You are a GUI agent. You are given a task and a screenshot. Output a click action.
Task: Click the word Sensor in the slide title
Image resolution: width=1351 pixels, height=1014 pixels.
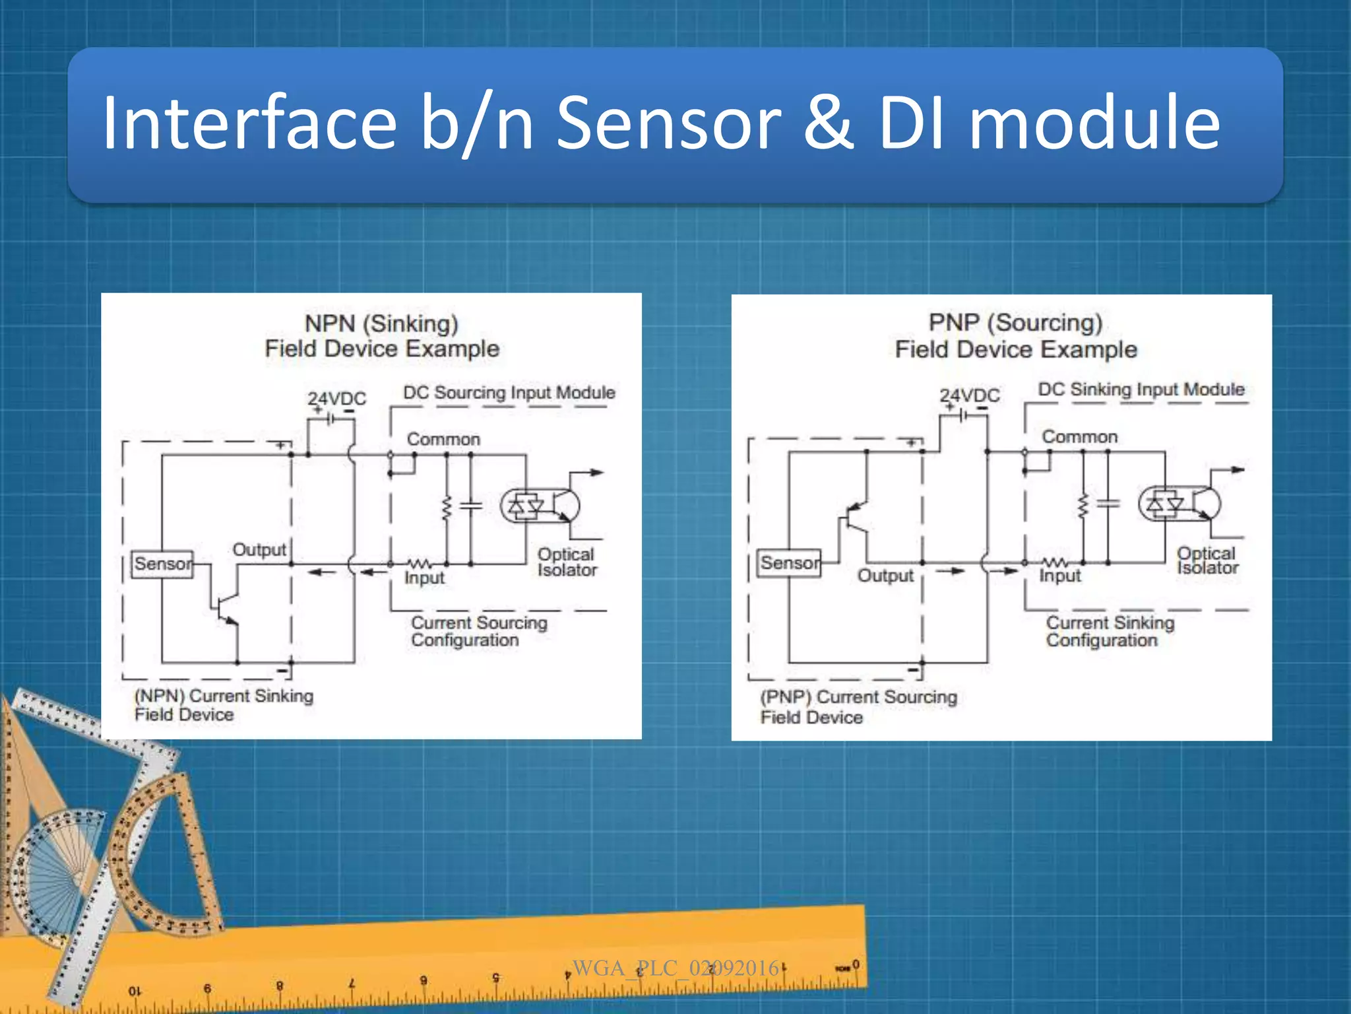pyautogui.click(x=668, y=123)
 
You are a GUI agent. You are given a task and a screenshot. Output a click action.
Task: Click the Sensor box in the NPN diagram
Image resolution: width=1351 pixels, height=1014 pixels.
pyautogui.click(x=162, y=564)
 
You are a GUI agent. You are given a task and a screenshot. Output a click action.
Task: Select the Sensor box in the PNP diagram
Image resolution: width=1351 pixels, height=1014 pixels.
pyautogui.click(x=789, y=563)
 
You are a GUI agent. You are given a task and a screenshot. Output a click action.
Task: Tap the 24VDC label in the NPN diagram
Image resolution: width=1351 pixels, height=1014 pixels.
pyautogui.click(x=336, y=399)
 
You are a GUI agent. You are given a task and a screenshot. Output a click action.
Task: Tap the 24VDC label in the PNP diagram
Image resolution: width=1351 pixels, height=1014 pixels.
pyautogui.click(x=969, y=395)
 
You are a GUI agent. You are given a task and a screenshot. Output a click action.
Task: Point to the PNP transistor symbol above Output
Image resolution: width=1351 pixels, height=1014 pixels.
pyautogui.click(x=856, y=518)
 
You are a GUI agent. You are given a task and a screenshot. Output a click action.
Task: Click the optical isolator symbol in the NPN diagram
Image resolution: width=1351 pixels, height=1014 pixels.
pyautogui.click(x=540, y=506)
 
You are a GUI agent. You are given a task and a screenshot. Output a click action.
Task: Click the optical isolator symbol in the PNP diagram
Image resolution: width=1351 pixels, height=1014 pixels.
pyautogui.click(x=1179, y=504)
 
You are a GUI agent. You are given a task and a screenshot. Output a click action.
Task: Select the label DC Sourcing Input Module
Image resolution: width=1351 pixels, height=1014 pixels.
pyautogui.click(x=509, y=393)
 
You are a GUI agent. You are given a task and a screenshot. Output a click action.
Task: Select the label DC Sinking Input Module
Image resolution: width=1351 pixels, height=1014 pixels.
pyautogui.click(x=1141, y=389)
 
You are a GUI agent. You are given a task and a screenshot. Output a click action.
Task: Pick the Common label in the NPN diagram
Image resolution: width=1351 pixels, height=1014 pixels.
pyautogui.click(x=443, y=439)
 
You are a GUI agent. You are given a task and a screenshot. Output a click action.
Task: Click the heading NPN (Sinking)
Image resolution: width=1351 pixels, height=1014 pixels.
pyautogui.click(x=381, y=323)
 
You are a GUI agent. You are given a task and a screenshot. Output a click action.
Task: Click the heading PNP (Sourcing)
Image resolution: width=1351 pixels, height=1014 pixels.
pyautogui.click(x=1015, y=323)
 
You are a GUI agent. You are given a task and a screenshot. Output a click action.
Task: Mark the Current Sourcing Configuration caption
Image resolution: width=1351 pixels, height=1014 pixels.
pyautogui.click(x=478, y=631)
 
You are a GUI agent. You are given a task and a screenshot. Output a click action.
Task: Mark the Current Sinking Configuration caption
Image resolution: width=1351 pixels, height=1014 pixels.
pyautogui.click(x=1110, y=631)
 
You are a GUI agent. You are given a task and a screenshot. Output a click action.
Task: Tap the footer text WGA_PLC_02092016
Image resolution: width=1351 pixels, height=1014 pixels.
pyautogui.click(x=675, y=968)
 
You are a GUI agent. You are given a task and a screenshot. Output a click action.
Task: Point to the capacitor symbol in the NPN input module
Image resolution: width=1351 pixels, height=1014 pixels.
pyautogui.click(x=470, y=506)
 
